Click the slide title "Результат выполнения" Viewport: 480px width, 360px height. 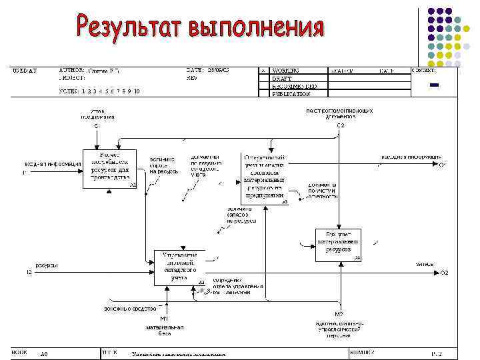pos(200,27)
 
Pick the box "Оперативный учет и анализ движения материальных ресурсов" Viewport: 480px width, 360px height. pos(264,177)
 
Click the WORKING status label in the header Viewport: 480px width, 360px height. pos(285,70)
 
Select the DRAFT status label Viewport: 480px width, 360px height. pos(282,78)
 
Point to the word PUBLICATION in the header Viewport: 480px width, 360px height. pos(291,94)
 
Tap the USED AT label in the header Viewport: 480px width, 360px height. pos(25,70)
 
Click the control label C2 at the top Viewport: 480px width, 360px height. pos(340,125)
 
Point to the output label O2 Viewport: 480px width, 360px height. pos(444,273)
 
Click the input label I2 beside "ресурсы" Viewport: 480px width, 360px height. pos(29,273)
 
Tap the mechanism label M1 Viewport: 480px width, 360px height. pos(164,318)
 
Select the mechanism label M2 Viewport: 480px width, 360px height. pos(339,314)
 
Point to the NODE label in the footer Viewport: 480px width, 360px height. pos(19,351)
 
